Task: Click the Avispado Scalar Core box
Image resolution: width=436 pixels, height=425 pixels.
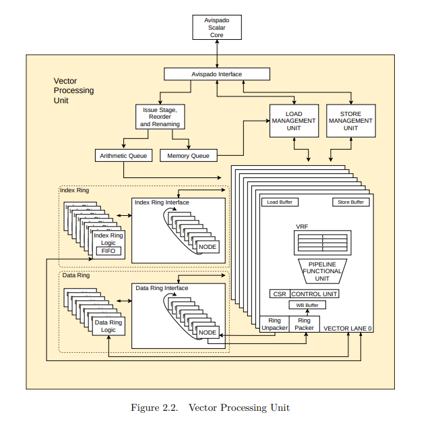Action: click(216, 28)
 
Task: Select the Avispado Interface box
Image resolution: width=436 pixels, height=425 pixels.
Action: click(217, 74)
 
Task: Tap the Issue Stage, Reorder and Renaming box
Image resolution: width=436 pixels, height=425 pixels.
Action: click(160, 117)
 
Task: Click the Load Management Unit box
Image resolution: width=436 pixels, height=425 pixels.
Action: click(294, 120)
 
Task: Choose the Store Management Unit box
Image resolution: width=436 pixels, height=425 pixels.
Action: click(350, 120)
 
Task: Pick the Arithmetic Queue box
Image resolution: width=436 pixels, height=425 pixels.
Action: click(123, 156)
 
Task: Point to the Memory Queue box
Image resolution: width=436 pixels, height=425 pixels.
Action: click(188, 156)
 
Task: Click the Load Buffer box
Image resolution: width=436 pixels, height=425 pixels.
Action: click(280, 202)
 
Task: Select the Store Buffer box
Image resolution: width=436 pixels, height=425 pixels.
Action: click(350, 202)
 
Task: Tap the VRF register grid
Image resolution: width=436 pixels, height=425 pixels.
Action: click(322, 242)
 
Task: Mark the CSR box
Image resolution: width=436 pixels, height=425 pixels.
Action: click(278, 294)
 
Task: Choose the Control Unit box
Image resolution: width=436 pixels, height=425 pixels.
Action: click(314, 294)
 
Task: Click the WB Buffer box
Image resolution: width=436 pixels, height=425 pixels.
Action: click(307, 306)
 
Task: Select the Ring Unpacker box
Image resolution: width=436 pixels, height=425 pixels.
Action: click(274, 324)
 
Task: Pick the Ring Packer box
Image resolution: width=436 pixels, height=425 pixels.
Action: click(305, 324)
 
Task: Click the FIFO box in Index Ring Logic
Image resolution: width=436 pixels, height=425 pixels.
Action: click(109, 250)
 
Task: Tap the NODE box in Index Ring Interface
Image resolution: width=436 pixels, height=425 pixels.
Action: click(208, 247)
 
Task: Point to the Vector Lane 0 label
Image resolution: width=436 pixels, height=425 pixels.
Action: click(347, 329)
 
